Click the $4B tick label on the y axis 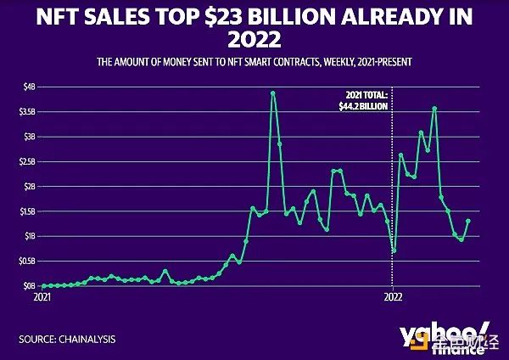pyautogui.click(x=29, y=87)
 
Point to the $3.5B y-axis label pyautogui.click(x=26, y=111)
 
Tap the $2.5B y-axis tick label pyautogui.click(x=26, y=161)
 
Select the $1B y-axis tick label pyautogui.click(x=29, y=236)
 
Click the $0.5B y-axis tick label pyautogui.click(x=26, y=261)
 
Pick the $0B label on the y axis pyautogui.click(x=29, y=286)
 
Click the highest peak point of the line pyautogui.click(x=272, y=93)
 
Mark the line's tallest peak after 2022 pyautogui.click(x=434, y=108)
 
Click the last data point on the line pyautogui.click(x=468, y=221)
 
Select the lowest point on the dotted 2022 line pyautogui.click(x=394, y=250)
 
